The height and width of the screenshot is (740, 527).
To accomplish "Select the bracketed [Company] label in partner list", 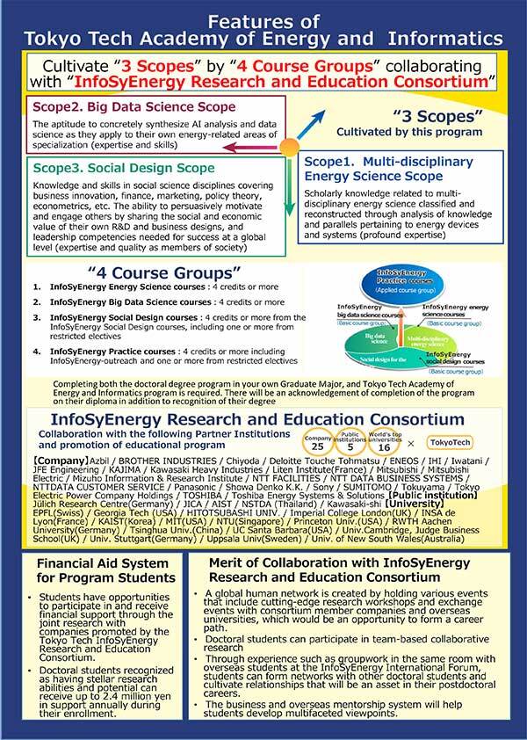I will [x=54, y=461].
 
